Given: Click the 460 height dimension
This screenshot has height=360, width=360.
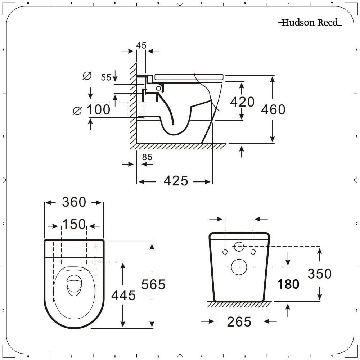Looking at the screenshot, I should point(273,109).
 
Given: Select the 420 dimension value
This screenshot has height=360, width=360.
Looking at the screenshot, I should point(242,102).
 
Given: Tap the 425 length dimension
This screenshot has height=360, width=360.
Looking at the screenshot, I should point(176,181).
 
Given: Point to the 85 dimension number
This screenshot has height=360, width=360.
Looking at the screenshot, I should point(147,157).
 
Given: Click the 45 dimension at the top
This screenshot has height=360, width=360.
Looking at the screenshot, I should point(141,45).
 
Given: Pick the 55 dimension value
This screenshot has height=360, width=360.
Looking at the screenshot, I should point(106,77).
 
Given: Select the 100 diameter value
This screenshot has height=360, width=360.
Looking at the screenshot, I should point(98,109).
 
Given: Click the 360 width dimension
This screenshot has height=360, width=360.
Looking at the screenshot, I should point(74,202).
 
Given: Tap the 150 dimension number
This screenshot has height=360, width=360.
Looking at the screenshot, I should point(74,225).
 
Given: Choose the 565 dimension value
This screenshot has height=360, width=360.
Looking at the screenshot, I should point(153,284).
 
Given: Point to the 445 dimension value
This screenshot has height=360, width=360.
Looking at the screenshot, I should point(123,295).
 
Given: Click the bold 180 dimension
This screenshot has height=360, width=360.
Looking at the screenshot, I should point(288,284).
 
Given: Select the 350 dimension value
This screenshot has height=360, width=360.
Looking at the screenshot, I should point(319,274).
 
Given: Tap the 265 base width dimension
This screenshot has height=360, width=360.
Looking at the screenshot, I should point(239,322).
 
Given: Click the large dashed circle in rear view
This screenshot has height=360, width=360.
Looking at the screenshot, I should point(239,267).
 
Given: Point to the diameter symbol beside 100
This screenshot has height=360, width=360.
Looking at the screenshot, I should point(77,111).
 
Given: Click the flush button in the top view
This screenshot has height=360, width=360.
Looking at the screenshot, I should point(75,284).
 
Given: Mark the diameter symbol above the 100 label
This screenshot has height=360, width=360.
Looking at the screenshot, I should point(87,76).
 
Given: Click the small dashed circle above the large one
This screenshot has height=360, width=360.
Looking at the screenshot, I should point(239,247).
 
